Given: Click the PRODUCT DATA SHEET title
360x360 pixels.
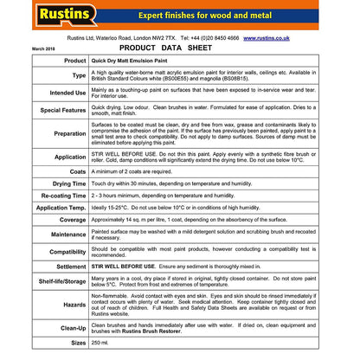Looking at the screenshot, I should [180, 49].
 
